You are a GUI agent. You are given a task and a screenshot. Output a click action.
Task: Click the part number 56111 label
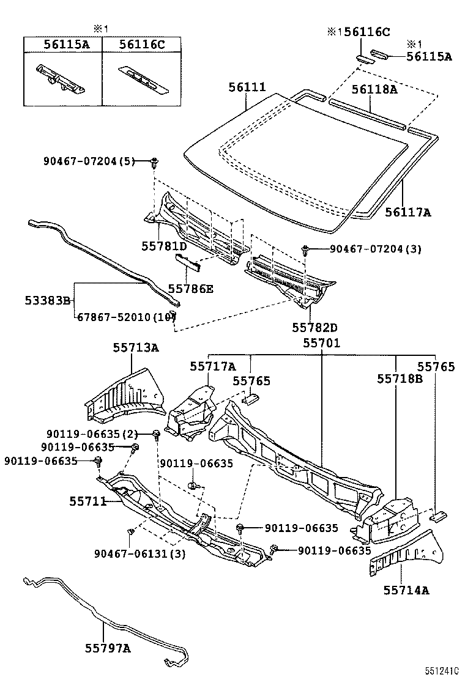[247, 87]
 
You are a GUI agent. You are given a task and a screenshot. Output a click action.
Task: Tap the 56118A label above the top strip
[374, 89]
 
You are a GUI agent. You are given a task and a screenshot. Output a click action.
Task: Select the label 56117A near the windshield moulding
[408, 212]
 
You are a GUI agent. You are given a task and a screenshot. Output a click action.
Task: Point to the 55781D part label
[164, 246]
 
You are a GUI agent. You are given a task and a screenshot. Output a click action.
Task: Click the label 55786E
[190, 289]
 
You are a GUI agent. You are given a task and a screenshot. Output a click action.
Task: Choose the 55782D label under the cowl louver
[314, 327]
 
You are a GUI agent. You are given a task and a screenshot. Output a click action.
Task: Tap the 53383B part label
[47, 300]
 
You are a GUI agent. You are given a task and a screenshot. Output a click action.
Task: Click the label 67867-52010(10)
[126, 317]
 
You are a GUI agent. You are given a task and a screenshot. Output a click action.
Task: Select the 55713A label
[136, 347]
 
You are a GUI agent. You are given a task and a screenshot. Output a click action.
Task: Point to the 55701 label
[321, 343]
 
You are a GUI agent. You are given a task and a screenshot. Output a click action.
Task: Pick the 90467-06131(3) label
[139, 554]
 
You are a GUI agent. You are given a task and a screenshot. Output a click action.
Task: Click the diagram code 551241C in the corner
[442, 671]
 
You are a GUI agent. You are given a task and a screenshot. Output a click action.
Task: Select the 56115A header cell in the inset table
[66, 44]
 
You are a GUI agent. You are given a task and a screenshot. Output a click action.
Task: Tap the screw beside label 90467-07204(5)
[154, 163]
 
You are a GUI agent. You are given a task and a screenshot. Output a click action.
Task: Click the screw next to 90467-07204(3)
[305, 249]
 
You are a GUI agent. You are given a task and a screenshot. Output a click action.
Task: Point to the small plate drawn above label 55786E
[187, 262]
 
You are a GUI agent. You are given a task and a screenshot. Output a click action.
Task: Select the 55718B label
[400, 379]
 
